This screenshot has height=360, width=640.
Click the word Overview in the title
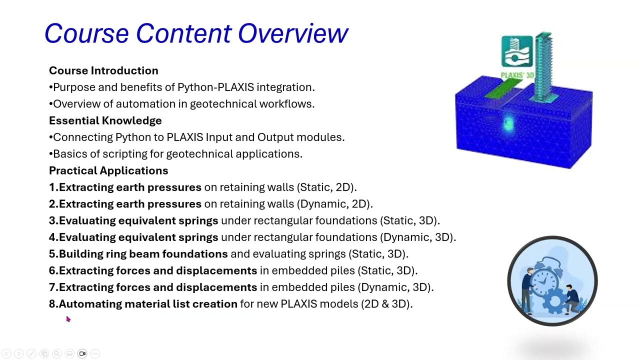point(292,34)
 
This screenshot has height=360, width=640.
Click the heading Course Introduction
point(103,70)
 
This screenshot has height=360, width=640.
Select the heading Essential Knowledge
point(105,120)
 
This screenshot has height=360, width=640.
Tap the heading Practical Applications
point(108,170)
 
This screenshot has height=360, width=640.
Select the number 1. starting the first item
point(53,187)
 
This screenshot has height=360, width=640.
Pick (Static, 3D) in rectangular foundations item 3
point(410,220)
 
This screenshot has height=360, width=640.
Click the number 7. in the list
point(53,287)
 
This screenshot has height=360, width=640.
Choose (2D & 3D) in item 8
point(386,304)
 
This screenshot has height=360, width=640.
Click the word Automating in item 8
point(90,304)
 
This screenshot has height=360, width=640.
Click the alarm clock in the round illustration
point(548,275)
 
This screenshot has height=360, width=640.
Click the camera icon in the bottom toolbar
point(82,354)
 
